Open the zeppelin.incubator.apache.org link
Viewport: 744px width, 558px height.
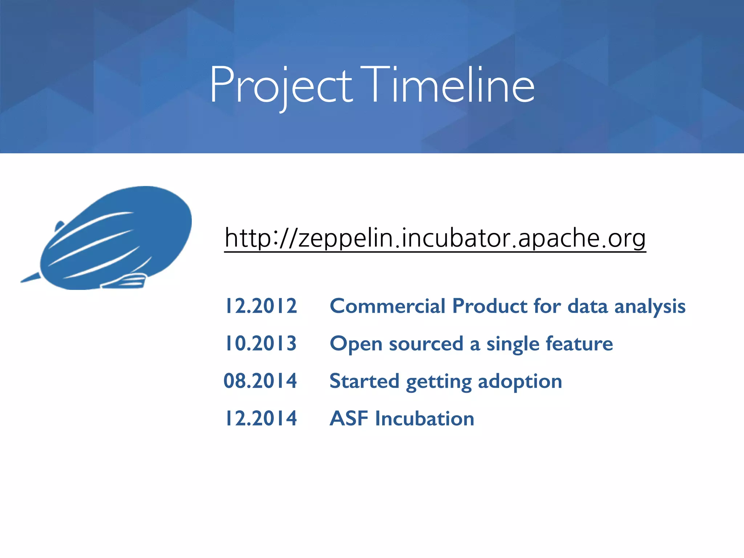(x=435, y=238)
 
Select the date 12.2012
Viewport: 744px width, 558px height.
(x=260, y=306)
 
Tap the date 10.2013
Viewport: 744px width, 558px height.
(x=260, y=343)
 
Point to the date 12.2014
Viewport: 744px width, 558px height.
(x=260, y=418)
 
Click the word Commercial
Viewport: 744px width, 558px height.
(x=387, y=306)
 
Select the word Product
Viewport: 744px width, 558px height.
(x=489, y=306)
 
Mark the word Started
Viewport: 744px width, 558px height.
(x=364, y=381)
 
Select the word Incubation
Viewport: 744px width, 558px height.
(x=425, y=418)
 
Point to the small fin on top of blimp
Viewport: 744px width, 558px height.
(x=59, y=226)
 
